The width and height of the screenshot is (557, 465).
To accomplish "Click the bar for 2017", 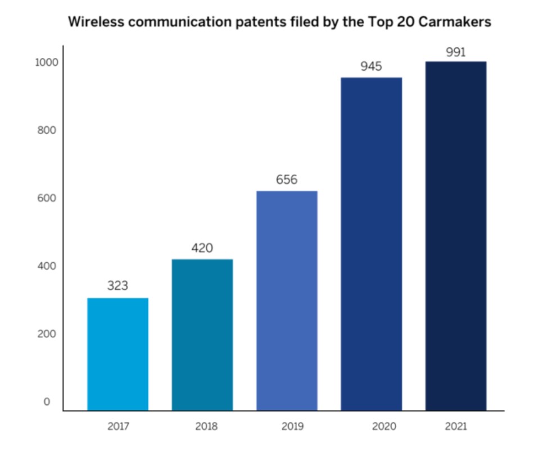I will click(x=117, y=354).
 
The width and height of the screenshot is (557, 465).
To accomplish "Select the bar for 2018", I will click(x=202, y=334).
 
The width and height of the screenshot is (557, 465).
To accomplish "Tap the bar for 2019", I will click(x=287, y=300).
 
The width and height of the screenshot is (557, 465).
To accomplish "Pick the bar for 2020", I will click(x=371, y=244).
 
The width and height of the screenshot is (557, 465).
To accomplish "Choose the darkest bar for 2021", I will click(x=455, y=236).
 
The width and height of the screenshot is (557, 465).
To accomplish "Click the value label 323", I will click(x=117, y=286).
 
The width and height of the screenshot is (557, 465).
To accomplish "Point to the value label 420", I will click(x=202, y=248).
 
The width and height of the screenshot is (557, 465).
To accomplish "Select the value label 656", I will click(x=287, y=180).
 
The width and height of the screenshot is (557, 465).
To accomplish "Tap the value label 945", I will click(x=371, y=67).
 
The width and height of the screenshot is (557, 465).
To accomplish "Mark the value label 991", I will click(x=455, y=52).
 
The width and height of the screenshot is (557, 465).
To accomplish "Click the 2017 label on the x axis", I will click(x=118, y=426).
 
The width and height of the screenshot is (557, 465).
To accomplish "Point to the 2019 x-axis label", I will click(x=292, y=426).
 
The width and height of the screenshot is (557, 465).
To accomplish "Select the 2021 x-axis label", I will click(x=455, y=426).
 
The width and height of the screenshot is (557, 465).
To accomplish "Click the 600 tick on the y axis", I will click(x=48, y=198).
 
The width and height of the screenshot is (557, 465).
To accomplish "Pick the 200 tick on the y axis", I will click(x=48, y=334).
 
